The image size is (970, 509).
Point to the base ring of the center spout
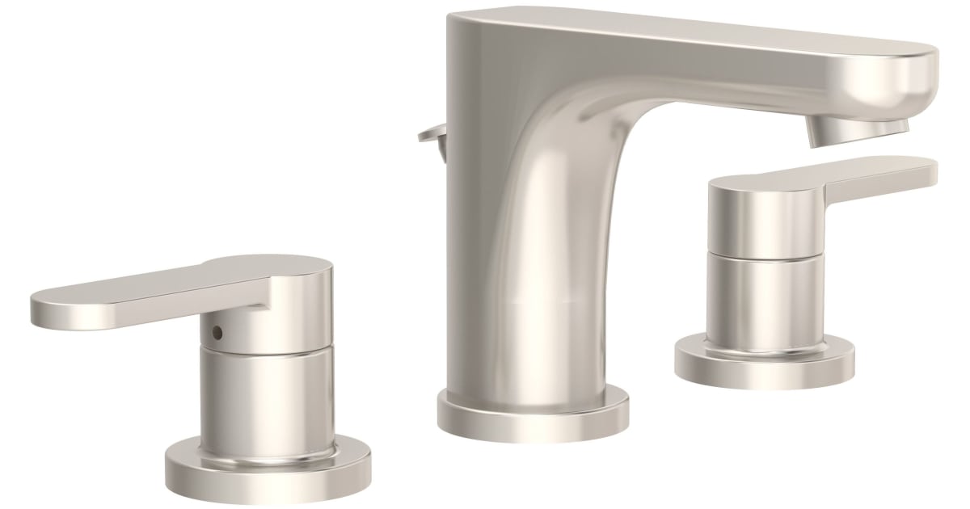pyautogui.click(x=533, y=412)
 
